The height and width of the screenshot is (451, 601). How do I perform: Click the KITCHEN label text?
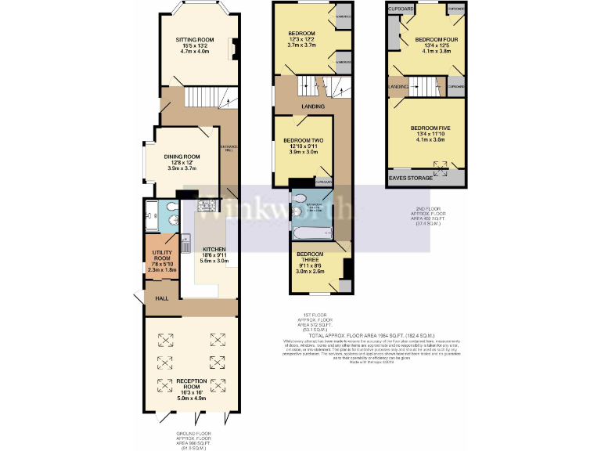pos(214,250)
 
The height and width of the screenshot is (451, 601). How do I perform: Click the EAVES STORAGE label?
pos(410,179)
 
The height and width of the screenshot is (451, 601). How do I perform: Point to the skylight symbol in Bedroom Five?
pos(442,165)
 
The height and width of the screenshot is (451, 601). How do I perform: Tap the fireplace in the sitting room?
pos(232,49)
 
